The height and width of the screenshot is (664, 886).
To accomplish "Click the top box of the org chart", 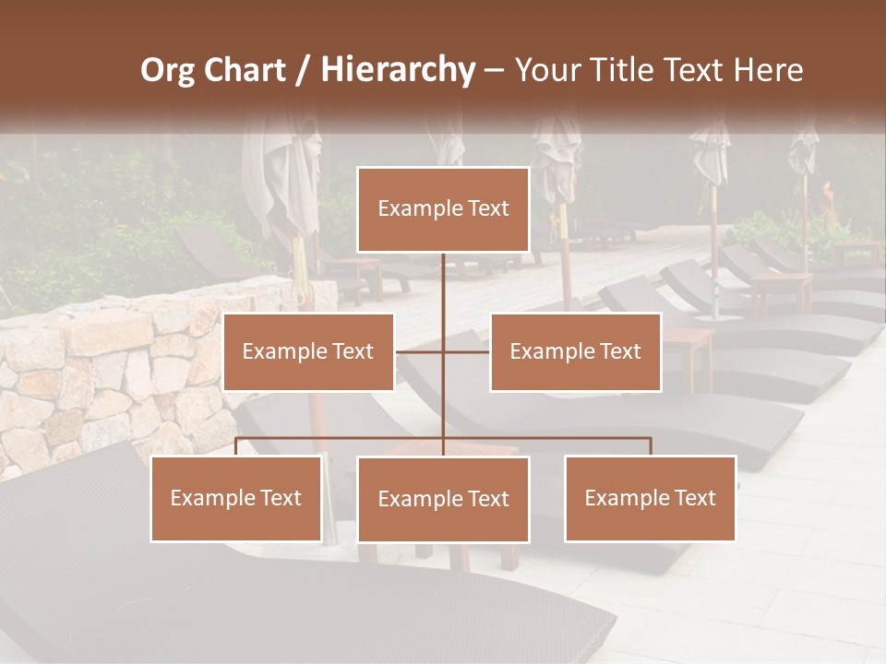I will [443, 209].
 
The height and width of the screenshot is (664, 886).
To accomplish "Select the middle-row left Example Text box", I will [308, 351].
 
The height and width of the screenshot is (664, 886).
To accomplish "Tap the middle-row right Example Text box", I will [575, 351].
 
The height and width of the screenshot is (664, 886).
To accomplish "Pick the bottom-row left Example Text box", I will [236, 498].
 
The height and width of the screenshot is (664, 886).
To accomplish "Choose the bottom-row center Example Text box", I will [443, 499].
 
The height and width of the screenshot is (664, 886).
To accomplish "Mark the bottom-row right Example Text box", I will [650, 498].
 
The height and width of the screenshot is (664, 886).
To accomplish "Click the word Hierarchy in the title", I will [398, 70].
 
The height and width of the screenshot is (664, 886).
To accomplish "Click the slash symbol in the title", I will [302, 70].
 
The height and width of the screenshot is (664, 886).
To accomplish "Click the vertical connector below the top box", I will [443, 286].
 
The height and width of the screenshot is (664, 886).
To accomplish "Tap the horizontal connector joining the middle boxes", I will [420, 351].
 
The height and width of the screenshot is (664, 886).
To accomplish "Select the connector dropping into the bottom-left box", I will [236, 446].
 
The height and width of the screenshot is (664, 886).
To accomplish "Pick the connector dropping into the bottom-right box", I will [651, 446].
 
